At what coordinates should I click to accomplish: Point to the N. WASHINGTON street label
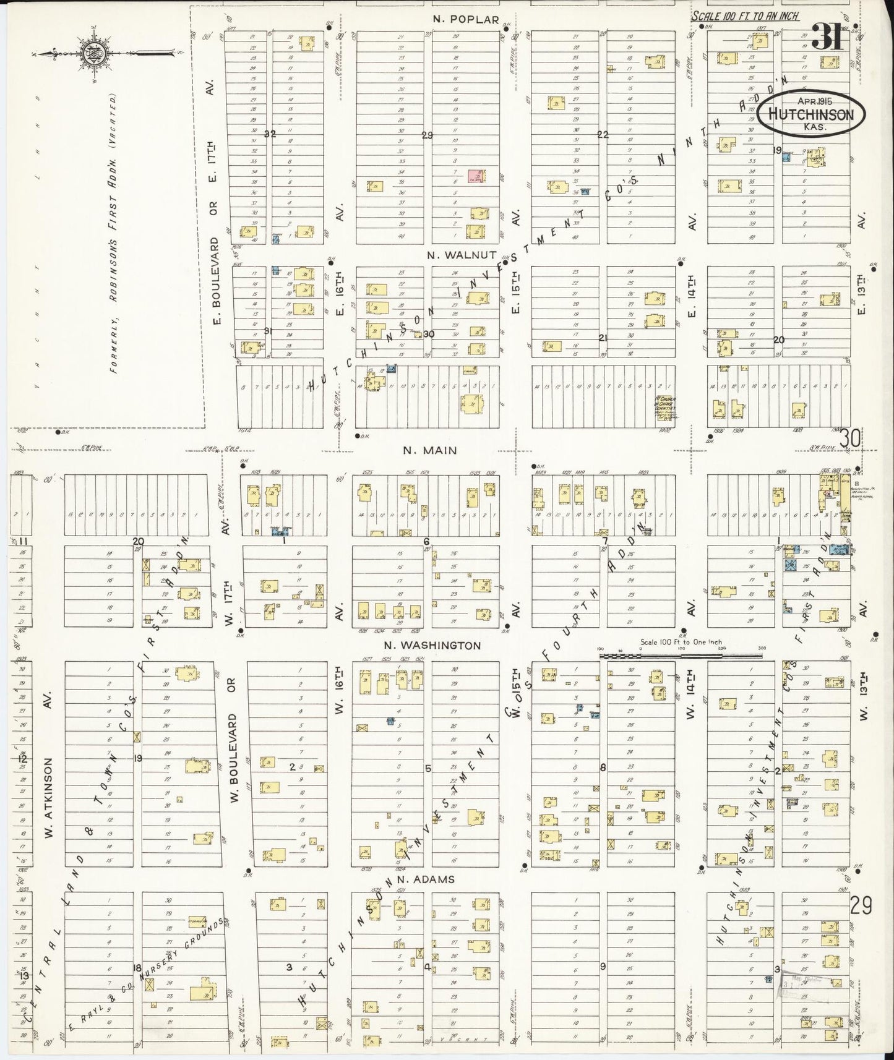coord(432,646)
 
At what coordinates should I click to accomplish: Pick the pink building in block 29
coord(475,177)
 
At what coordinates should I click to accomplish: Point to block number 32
coord(269,134)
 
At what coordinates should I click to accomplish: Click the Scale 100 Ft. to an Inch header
coord(745,17)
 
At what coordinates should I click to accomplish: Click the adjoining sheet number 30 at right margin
coord(851,438)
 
